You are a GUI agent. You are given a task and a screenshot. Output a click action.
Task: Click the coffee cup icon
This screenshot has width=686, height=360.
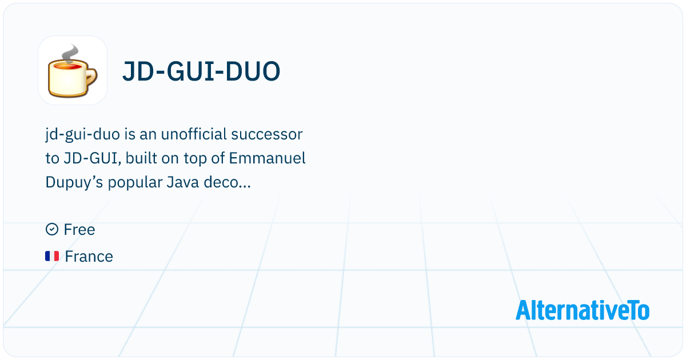point(72,71)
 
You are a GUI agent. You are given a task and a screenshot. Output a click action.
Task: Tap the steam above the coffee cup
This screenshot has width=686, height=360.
point(69,53)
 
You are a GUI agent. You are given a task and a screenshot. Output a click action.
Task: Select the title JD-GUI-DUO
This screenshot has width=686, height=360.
point(201,71)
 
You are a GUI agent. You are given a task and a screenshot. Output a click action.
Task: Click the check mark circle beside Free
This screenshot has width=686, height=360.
point(51,230)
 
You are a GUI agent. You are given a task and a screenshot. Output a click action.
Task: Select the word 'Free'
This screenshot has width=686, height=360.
point(79,230)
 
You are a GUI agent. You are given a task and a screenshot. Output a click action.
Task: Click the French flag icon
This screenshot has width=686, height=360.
point(52,257)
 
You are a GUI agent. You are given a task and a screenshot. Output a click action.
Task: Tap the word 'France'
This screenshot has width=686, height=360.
point(89,257)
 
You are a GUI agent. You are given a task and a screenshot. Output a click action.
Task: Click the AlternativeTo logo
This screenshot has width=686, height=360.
point(583,310)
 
